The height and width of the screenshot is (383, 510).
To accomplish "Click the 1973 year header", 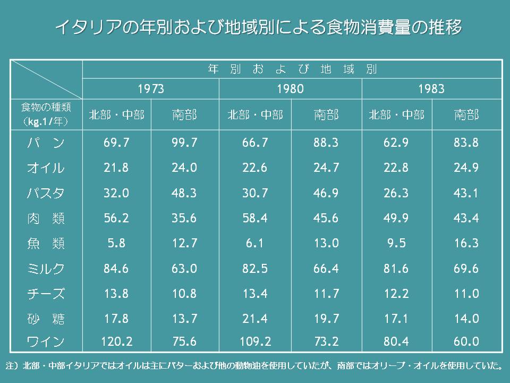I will click(x=151, y=88).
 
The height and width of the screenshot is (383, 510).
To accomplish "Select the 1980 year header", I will click(x=291, y=88).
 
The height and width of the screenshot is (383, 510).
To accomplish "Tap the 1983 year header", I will click(x=431, y=88).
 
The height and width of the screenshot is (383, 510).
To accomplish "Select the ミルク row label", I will click(x=46, y=269).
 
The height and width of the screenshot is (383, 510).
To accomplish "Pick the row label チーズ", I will click(x=46, y=294).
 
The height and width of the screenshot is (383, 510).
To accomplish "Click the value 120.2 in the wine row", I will click(x=116, y=341).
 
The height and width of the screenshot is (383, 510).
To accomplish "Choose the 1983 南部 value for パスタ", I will click(x=466, y=193).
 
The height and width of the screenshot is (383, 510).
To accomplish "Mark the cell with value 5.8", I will click(x=116, y=244).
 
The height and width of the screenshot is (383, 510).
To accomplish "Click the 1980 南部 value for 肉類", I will click(x=326, y=218).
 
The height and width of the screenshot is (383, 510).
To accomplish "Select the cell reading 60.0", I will click(x=466, y=341).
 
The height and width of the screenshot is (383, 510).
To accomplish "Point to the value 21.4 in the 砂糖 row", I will click(x=255, y=318).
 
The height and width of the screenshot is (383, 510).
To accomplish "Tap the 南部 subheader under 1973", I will click(x=184, y=114).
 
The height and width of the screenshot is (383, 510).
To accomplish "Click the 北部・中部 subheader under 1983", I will click(x=396, y=114).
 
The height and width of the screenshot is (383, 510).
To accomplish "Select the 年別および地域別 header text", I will click(x=292, y=69).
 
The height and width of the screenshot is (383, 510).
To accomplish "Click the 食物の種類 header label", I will click(x=46, y=107).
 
